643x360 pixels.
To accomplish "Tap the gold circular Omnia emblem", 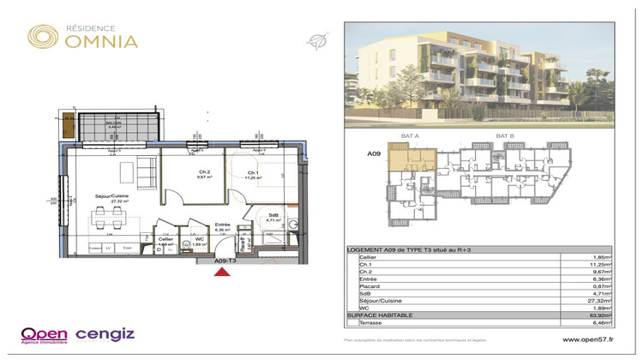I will pos(43,36).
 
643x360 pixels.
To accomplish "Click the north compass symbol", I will pos(316,39).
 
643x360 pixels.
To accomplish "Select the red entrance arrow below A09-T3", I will pos(221,273).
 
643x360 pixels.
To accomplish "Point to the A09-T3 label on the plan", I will pos(225,260).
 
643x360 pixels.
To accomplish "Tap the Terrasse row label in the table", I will pos(373,324).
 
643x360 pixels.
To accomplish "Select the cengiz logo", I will pos(105,333).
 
